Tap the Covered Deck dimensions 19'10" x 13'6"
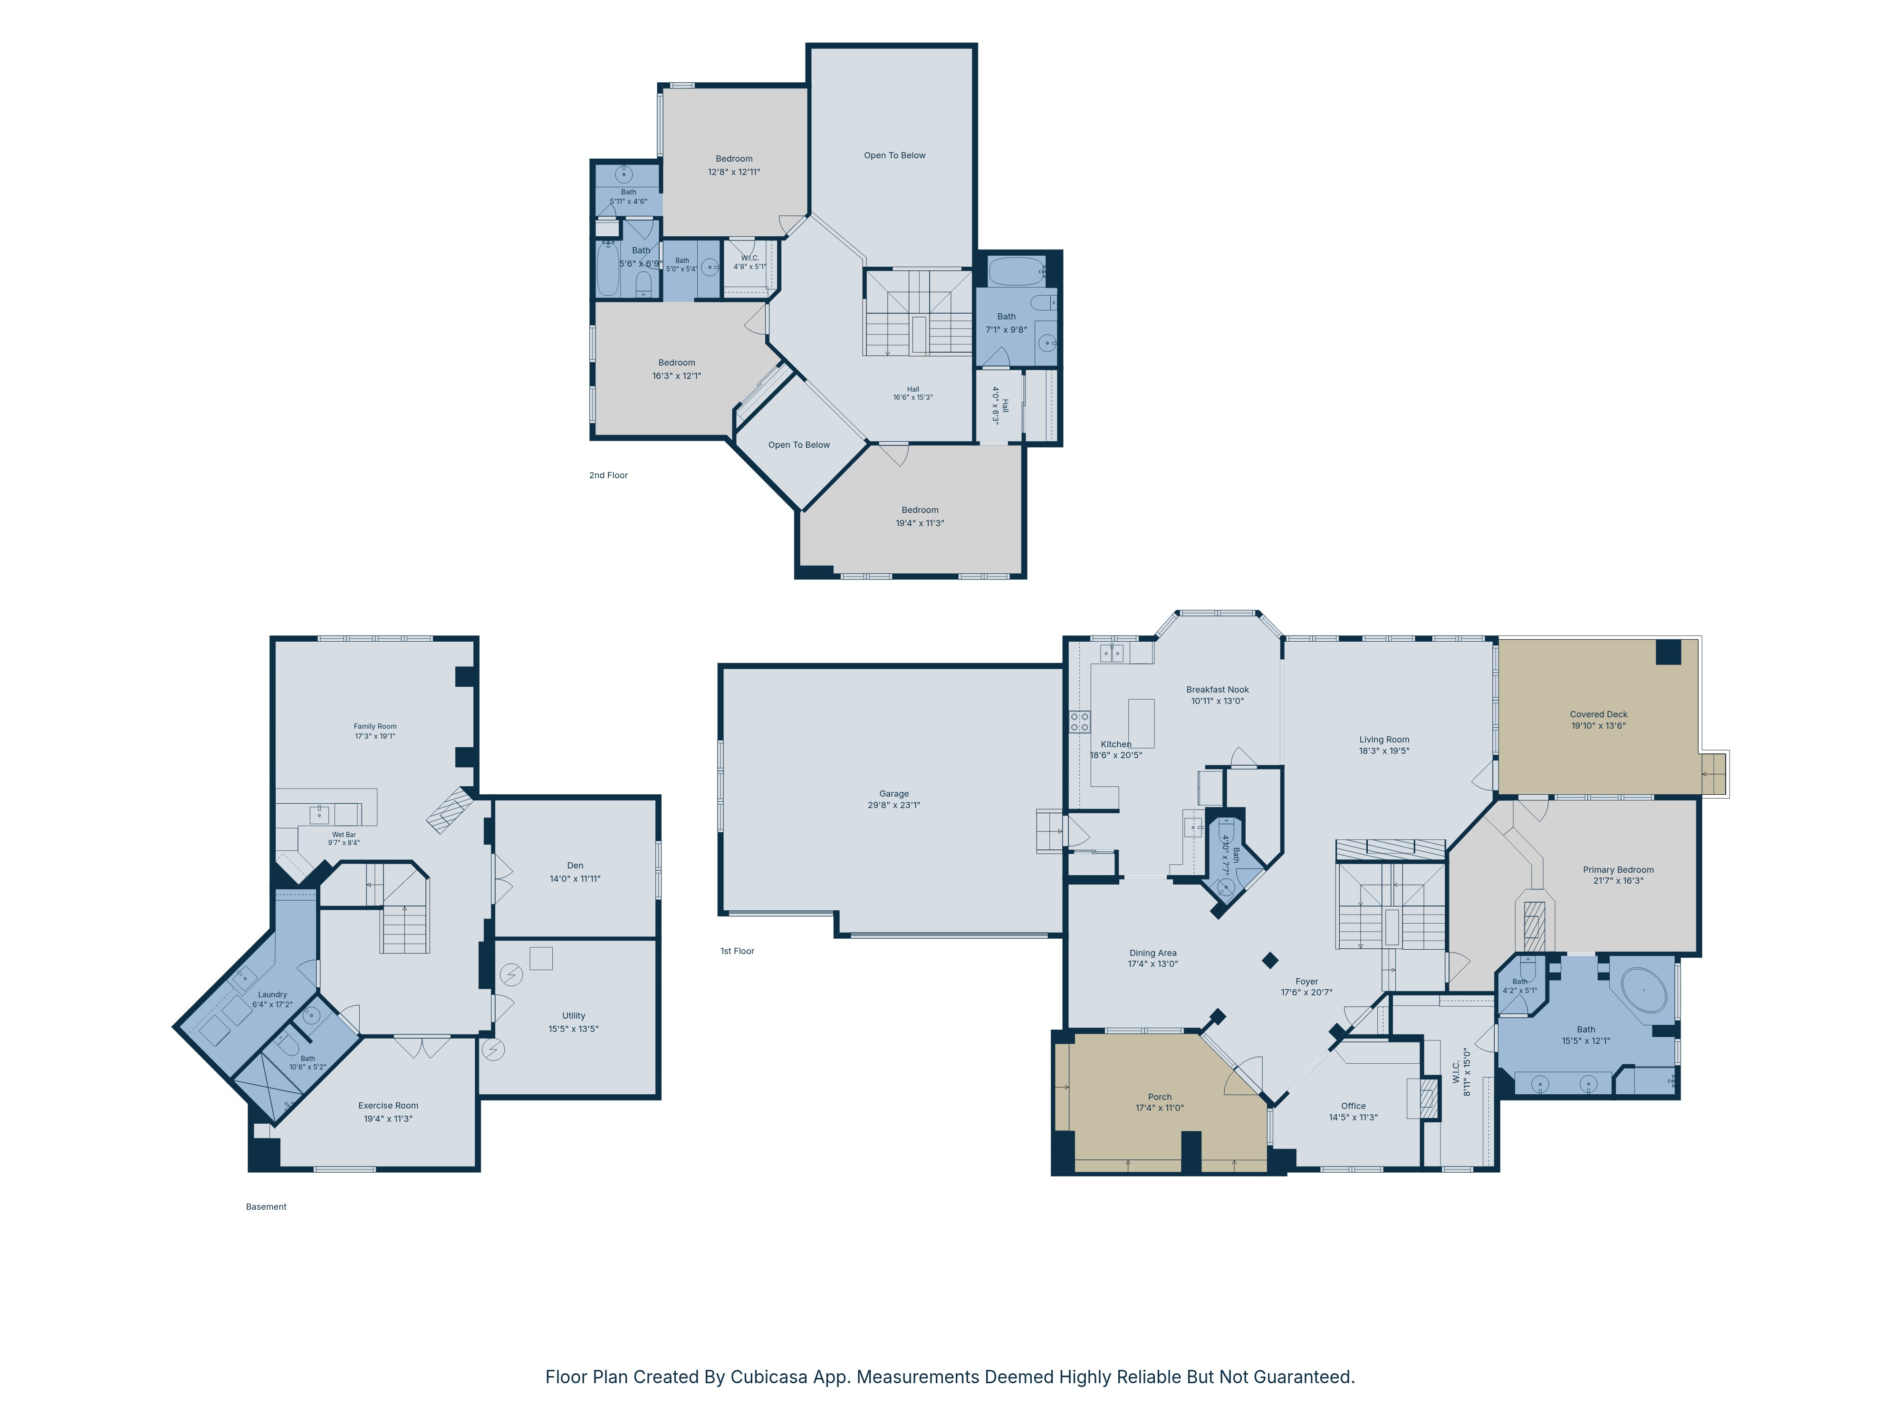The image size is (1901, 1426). click(1598, 725)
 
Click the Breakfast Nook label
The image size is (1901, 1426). click(1217, 689)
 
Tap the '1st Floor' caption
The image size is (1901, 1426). click(738, 951)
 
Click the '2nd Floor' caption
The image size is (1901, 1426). click(608, 475)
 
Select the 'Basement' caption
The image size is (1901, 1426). click(267, 1207)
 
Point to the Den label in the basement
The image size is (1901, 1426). click(575, 866)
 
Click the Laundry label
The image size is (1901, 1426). click(272, 994)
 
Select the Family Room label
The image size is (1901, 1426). click(375, 726)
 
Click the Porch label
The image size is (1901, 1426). click(1160, 1097)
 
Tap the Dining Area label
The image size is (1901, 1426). click(1153, 953)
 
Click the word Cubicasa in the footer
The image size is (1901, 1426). click(769, 1377)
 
